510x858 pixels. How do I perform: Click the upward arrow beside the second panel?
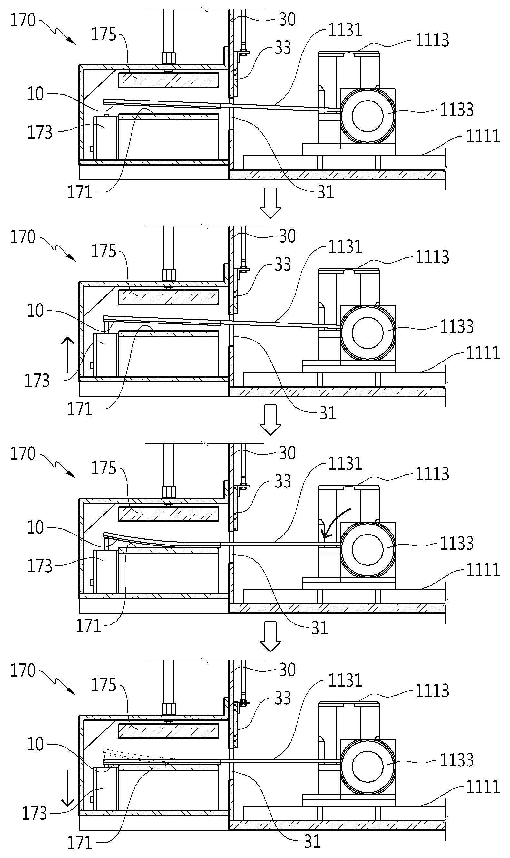tap(68, 355)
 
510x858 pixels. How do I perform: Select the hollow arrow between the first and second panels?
tap(270, 203)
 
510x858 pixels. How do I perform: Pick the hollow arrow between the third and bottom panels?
tap(270, 636)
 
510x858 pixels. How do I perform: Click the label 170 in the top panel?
tap(23, 20)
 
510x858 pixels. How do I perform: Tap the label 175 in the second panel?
tap(103, 251)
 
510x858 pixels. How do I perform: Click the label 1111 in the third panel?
tap(483, 570)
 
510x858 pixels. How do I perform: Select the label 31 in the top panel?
tap(326, 192)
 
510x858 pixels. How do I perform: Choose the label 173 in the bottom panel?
tap(34, 813)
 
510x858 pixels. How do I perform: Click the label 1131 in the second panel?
tap(345, 246)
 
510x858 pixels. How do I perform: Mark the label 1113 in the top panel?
tap(432, 40)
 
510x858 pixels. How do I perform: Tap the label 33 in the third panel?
tap(283, 481)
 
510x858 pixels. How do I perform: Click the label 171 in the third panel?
tap(88, 626)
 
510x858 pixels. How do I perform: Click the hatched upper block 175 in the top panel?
tap(168, 80)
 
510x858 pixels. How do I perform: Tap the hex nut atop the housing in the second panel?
tap(168, 275)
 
